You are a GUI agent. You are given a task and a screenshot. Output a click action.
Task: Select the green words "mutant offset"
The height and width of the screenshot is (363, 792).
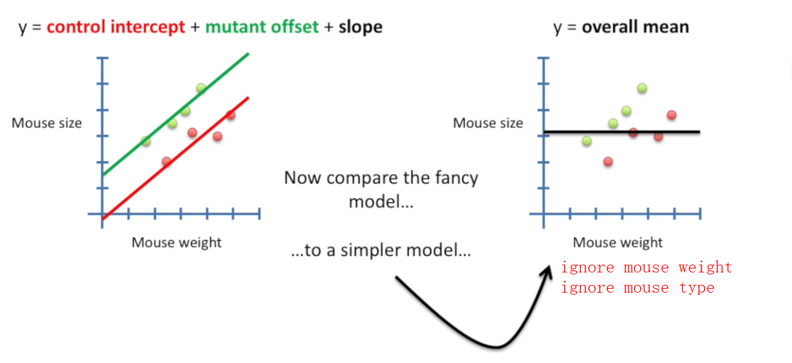click(x=262, y=27)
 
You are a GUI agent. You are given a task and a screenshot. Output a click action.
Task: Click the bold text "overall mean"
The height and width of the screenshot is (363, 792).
click(x=635, y=27)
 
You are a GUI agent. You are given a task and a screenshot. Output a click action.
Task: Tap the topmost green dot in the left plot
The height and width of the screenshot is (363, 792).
click(x=201, y=88)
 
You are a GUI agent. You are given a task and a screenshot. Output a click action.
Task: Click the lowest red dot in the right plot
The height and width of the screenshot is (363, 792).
click(x=608, y=161)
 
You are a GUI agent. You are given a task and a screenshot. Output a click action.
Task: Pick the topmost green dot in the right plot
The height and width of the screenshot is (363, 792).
click(x=642, y=88)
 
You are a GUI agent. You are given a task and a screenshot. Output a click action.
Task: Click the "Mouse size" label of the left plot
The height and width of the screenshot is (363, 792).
click(x=47, y=123)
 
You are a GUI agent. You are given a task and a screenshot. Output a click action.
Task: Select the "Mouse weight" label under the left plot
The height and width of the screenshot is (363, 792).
click(x=177, y=242)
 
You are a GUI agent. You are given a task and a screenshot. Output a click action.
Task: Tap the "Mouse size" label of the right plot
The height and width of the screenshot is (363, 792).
click(x=488, y=123)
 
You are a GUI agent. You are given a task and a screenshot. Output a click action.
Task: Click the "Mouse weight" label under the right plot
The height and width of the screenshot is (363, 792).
click(x=617, y=242)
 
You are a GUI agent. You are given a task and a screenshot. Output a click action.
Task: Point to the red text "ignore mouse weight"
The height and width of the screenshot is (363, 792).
click(x=646, y=268)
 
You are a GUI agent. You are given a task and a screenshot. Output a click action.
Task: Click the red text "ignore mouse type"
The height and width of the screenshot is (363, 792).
click(x=637, y=288)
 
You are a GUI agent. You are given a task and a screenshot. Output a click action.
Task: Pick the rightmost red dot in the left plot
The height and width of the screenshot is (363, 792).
click(x=231, y=115)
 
